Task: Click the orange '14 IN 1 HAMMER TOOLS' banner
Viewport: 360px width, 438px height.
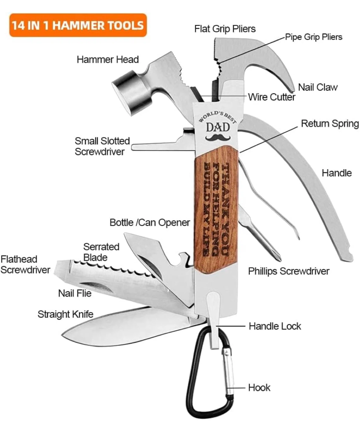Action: click(78, 25)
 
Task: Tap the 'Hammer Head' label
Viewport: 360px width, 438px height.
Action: click(108, 60)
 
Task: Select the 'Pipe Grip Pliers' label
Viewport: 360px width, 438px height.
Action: click(314, 37)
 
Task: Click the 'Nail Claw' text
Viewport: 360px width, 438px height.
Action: click(318, 87)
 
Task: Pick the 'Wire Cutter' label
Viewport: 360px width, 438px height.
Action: click(272, 97)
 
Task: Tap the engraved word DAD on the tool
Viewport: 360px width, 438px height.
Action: click(218, 127)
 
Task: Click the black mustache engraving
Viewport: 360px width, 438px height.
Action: click(218, 137)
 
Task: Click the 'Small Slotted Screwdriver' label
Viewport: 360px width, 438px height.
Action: click(102, 146)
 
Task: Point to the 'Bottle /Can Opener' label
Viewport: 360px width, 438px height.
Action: click(149, 223)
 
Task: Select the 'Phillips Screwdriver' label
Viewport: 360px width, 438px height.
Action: click(289, 271)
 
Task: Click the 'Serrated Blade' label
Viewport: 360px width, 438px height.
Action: click(101, 252)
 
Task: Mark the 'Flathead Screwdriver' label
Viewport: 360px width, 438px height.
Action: click(25, 264)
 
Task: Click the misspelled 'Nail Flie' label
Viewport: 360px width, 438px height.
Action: click(75, 293)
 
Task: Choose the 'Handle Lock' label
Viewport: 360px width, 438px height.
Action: click(275, 326)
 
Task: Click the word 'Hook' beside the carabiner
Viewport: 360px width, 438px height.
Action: click(259, 388)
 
